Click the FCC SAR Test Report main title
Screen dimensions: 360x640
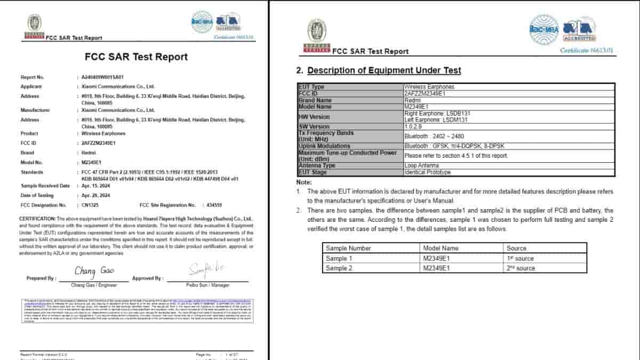pos(136,57)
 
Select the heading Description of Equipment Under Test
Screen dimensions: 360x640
pos(384,70)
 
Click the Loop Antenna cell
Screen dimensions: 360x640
pos(422,165)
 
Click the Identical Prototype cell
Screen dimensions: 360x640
pos(428,172)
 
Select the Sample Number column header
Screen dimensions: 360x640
pos(348,248)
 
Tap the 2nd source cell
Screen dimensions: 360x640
pos(521,268)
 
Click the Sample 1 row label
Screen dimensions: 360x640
pos(339,259)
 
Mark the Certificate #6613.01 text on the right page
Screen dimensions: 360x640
pos(587,50)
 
